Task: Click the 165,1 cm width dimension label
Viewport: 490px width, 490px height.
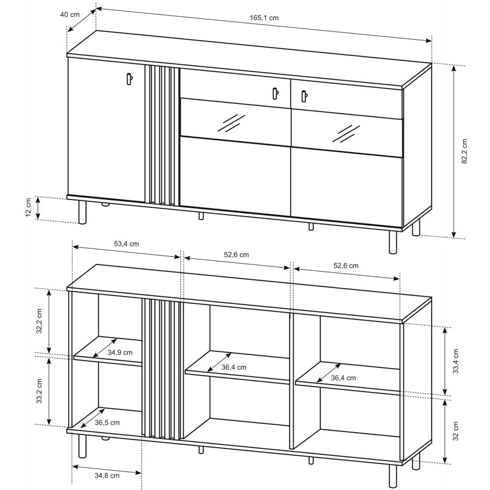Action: [x=264, y=18]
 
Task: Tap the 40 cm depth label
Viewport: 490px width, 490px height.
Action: [x=70, y=15]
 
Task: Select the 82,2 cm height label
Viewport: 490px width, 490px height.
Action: [x=464, y=151]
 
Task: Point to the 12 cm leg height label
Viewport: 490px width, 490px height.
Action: [x=28, y=208]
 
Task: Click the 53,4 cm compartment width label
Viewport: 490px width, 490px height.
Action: [x=126, y=244]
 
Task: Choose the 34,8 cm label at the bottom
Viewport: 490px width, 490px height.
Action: [x=107, y=476]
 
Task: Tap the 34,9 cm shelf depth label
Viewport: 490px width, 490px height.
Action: [x=120, y=352]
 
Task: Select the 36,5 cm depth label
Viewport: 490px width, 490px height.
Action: [x=107, y=422]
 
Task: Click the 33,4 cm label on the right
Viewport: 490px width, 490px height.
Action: [x=456, y=361]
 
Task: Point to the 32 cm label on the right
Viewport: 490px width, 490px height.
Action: [x=456, y=431]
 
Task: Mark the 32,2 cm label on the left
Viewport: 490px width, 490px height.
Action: [x=39, y=321]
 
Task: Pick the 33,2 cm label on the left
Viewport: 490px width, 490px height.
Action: [x=39, y=391]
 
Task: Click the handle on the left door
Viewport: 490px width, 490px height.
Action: [x=129, y=78]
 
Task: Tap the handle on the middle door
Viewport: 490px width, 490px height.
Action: [x=275, y=94]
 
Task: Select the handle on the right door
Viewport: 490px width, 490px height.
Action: [x=304, y=96]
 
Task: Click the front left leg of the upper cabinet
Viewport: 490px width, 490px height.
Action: [x=82, y=212]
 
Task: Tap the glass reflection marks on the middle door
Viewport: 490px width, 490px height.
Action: [x=231, y=123]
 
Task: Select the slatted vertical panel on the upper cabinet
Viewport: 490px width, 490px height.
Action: [x=162, y=135]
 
